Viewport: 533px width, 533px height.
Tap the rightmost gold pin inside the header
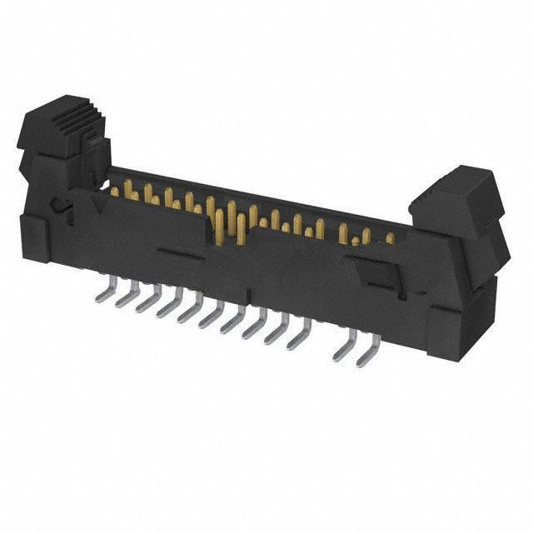pos(389,239)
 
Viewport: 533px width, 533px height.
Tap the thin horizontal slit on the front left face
pos(178,249)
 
